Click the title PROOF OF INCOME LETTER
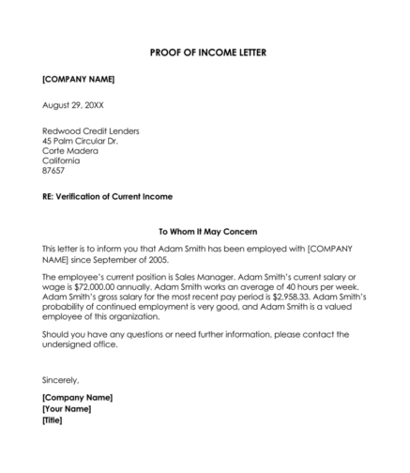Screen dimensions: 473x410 [206, 52]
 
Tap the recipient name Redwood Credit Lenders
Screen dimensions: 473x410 [90, 130]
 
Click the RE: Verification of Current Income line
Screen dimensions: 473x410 [107, 197]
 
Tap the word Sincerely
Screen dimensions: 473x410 [61, 380]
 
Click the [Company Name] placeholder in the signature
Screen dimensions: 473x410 [78, 398]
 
